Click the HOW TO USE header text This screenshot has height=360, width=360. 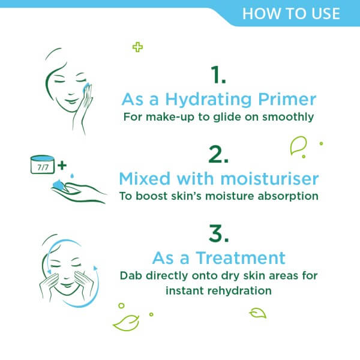tap(291, 14)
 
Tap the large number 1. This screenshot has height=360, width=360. tap(218, 74)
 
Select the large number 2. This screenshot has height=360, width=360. tap(218, 154)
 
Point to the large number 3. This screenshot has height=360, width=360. tap(219, 233)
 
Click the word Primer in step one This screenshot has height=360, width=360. tap(287, 100)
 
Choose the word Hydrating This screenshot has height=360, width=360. tap(208, 100)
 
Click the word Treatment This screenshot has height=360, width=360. tap(241, 258)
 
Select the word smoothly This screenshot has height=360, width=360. tap(288, 117)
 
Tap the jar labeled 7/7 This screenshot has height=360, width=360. tap(42, 164)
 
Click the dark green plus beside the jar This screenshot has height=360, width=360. tap(62, 166)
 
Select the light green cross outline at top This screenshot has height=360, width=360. tap(137, 47)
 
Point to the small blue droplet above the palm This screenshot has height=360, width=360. tap(72, 176)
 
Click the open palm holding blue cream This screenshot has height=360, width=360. tap(78, 192)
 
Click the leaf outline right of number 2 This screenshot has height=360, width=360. tap(298, 145)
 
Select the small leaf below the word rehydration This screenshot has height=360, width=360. tap(258, 313)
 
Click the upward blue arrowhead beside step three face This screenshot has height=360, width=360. tap(95, 268)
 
